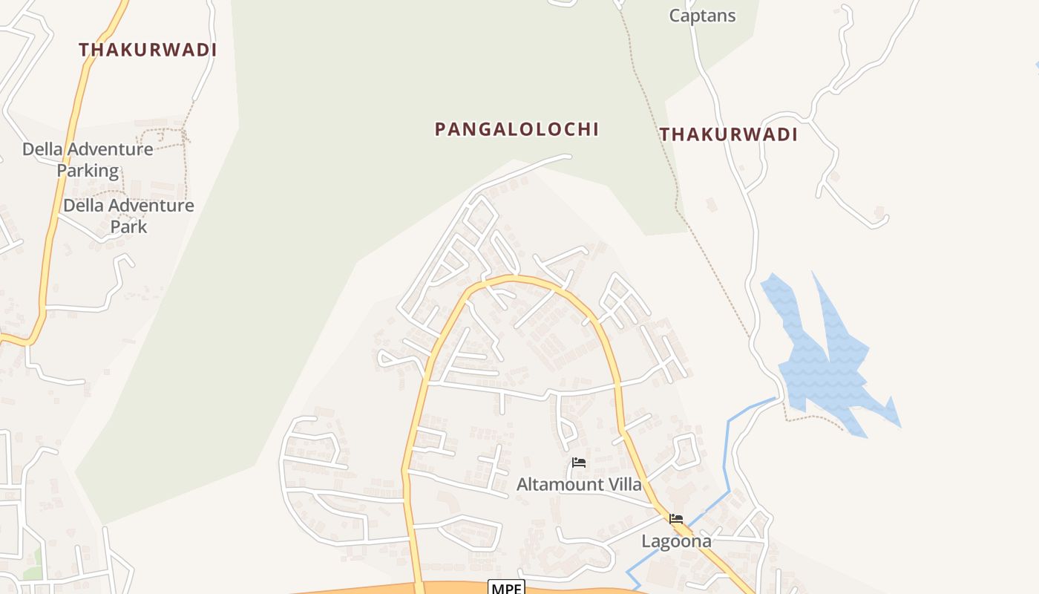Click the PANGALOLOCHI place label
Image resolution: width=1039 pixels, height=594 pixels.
point(517,129)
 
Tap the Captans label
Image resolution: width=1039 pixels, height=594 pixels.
point(702,16)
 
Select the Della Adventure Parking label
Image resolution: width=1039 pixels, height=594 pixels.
point(88,160)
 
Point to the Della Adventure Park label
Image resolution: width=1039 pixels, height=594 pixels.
point(128,215)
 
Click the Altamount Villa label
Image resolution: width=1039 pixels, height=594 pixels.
point(579,485)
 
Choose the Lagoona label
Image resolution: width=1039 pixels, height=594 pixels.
point(676,541)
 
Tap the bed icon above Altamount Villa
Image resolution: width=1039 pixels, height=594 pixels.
point(579,463)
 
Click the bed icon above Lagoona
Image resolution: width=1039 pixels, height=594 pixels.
point(676,519)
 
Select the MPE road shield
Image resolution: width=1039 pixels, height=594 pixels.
point(506,588)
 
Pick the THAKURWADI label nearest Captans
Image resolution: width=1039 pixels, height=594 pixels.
point(729,134)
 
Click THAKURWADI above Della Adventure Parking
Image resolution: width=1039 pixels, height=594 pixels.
point(148,50)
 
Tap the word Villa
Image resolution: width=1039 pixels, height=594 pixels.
point(624,485)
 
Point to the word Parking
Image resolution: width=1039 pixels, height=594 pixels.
point(88,171)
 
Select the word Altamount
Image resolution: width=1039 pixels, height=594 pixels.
point(560,485)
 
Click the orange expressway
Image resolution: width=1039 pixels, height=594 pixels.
point(356,590)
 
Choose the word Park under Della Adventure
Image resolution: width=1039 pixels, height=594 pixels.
point(128,226)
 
